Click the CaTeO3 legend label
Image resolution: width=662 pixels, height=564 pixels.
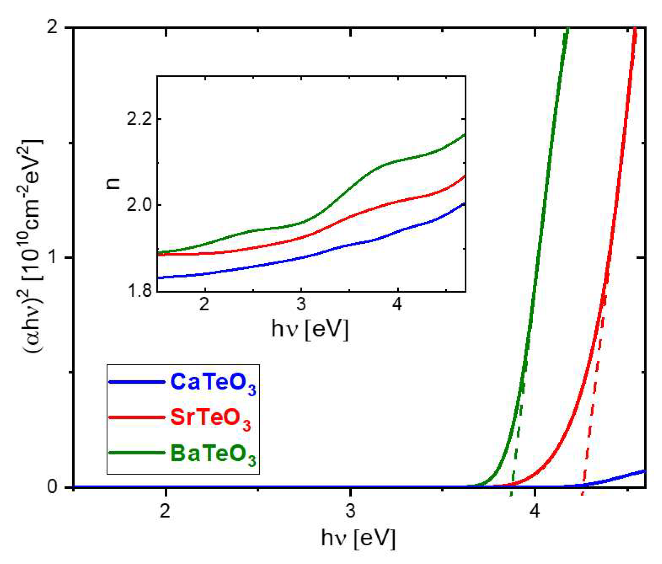tap(213, 383)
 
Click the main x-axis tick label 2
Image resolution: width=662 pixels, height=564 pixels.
tap(165, 511)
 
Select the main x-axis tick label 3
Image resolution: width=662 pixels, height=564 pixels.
tap(350, 511)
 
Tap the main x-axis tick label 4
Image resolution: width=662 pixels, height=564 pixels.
tap(534, 511)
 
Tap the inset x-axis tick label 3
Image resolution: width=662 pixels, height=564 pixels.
tap(301, 305)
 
